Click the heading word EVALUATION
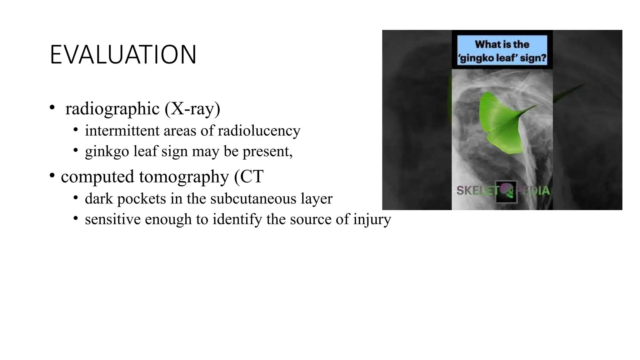123,55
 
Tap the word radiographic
112,109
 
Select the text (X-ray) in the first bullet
192,109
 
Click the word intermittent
122,131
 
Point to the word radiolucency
259,131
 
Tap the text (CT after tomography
249,177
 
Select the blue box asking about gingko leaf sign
502,50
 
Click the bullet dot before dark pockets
76,197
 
